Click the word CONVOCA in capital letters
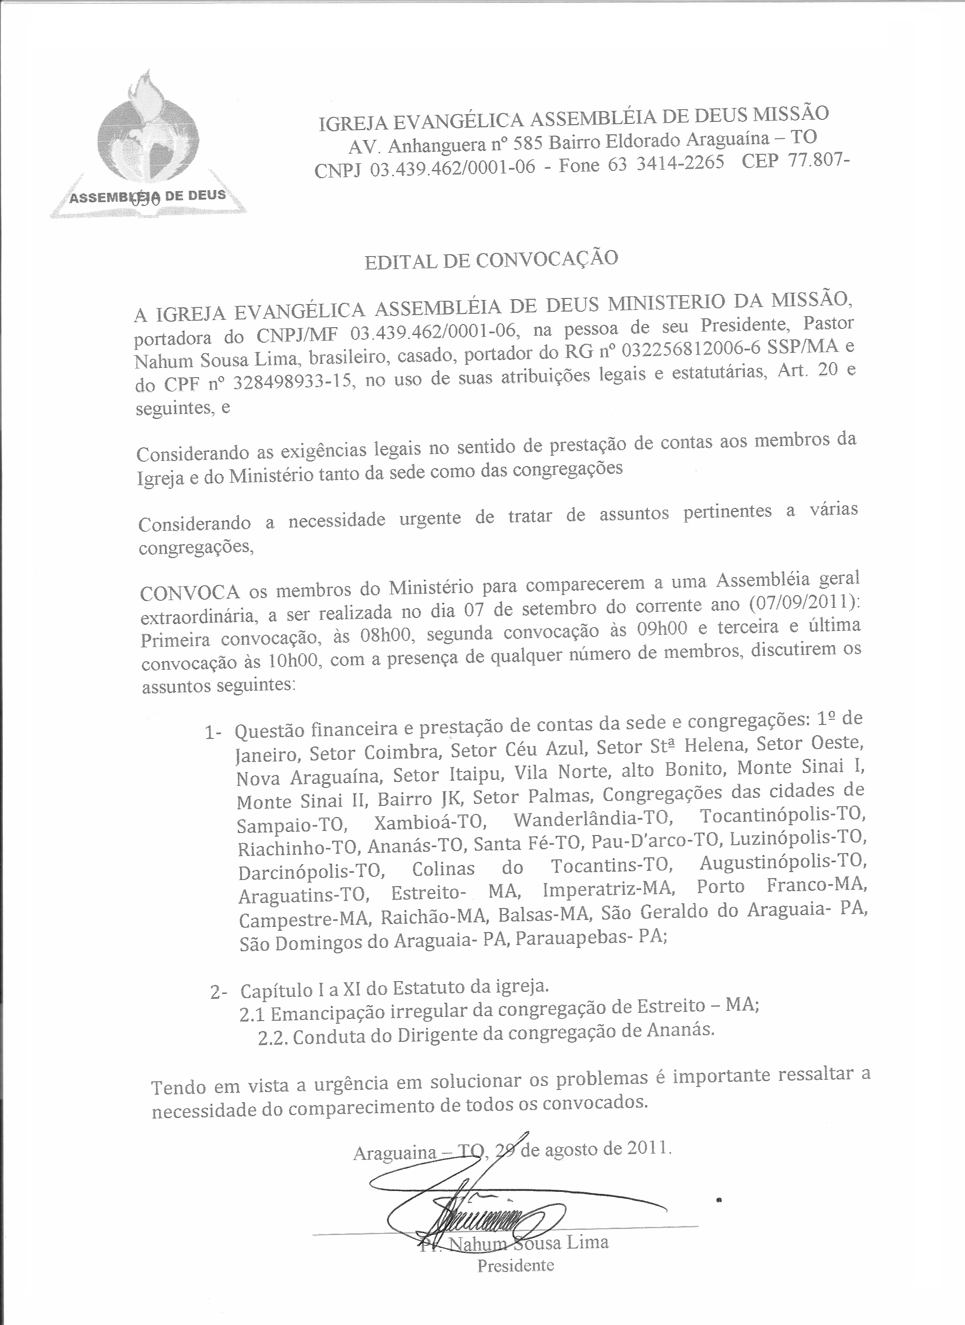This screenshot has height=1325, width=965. [x=190, y=592]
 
